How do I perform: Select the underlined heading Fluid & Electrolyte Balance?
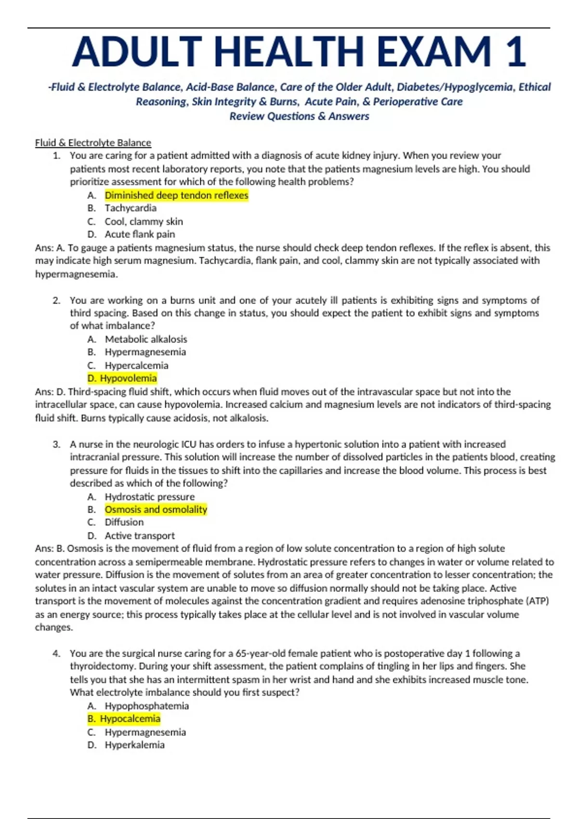(x=93, y=143)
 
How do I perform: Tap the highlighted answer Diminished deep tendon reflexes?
(x=176, y=195)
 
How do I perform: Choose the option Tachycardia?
(x=131, y=208)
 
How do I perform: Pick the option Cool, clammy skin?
(x=144, y=222)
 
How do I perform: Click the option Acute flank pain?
(x=140, y=235)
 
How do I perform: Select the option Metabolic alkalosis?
(x=146, y=339)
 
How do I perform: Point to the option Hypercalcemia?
(x=137, y=365)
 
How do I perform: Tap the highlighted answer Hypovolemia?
(x=128, y=378)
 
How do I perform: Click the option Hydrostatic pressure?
(x=150, y=497)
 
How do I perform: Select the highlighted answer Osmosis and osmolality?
(x=156, y=510)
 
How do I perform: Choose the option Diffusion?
(x=124, y=522)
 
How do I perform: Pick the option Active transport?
(x=140, y=536)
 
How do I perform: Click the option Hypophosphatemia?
(x=147, y=706)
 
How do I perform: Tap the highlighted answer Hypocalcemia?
(x=130, y=719)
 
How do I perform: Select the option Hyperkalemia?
(x=135, y=745)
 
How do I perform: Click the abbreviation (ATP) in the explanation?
(x=538, y=601)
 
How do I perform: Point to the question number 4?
(x=56, y=654)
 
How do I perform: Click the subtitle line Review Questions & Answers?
(x=299, y=116)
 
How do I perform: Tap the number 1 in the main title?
(x=516, y=52)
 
